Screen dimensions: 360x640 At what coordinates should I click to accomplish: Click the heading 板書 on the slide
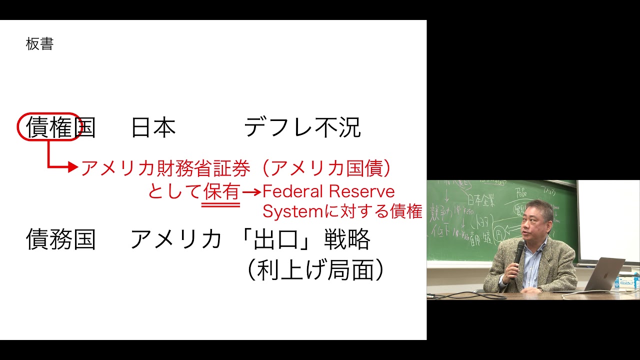(x=39, y=44)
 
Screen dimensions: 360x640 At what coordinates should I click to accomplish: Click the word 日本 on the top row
(x=153, y=128)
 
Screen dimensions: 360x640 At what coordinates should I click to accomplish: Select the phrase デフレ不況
(x=302, y=128)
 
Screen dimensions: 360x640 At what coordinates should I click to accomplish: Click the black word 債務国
(x=60, y=239)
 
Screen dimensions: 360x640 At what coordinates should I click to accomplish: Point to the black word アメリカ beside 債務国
(x=176, y=239)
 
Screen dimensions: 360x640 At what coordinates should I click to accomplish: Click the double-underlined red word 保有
(x=221, y=192)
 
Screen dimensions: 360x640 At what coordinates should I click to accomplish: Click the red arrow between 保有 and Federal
(x=251, y=192)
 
